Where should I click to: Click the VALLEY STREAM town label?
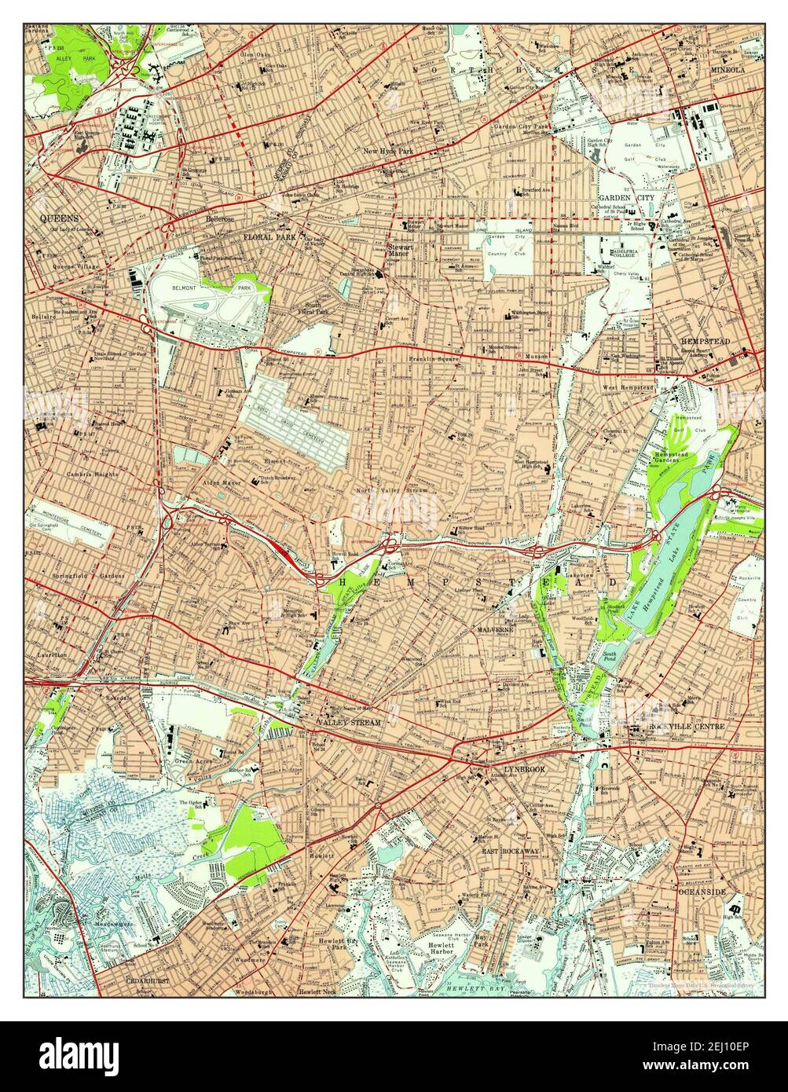tap(348, 722)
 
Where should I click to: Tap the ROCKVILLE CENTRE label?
tap(687, 727)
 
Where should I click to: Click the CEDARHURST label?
tap(147, 981)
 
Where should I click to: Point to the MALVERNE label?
tap(495, 630)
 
